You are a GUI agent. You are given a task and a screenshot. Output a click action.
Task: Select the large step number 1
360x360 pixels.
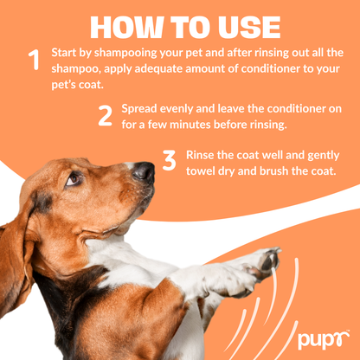34,60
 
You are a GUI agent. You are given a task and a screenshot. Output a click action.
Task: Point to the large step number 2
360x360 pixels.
105,117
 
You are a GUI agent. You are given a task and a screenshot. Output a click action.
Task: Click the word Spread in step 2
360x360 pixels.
140,109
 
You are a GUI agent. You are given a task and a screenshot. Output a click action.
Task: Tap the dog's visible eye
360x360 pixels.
73,179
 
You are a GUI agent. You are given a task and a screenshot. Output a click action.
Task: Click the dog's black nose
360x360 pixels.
143,171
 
